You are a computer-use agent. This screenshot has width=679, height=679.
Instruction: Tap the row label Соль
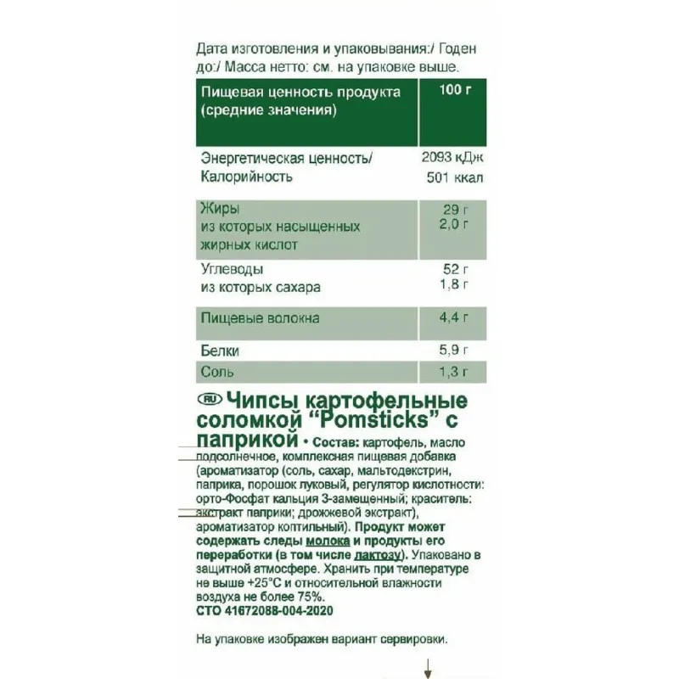pos(218,372)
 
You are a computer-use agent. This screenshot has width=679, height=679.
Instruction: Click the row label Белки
pos(221,350)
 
